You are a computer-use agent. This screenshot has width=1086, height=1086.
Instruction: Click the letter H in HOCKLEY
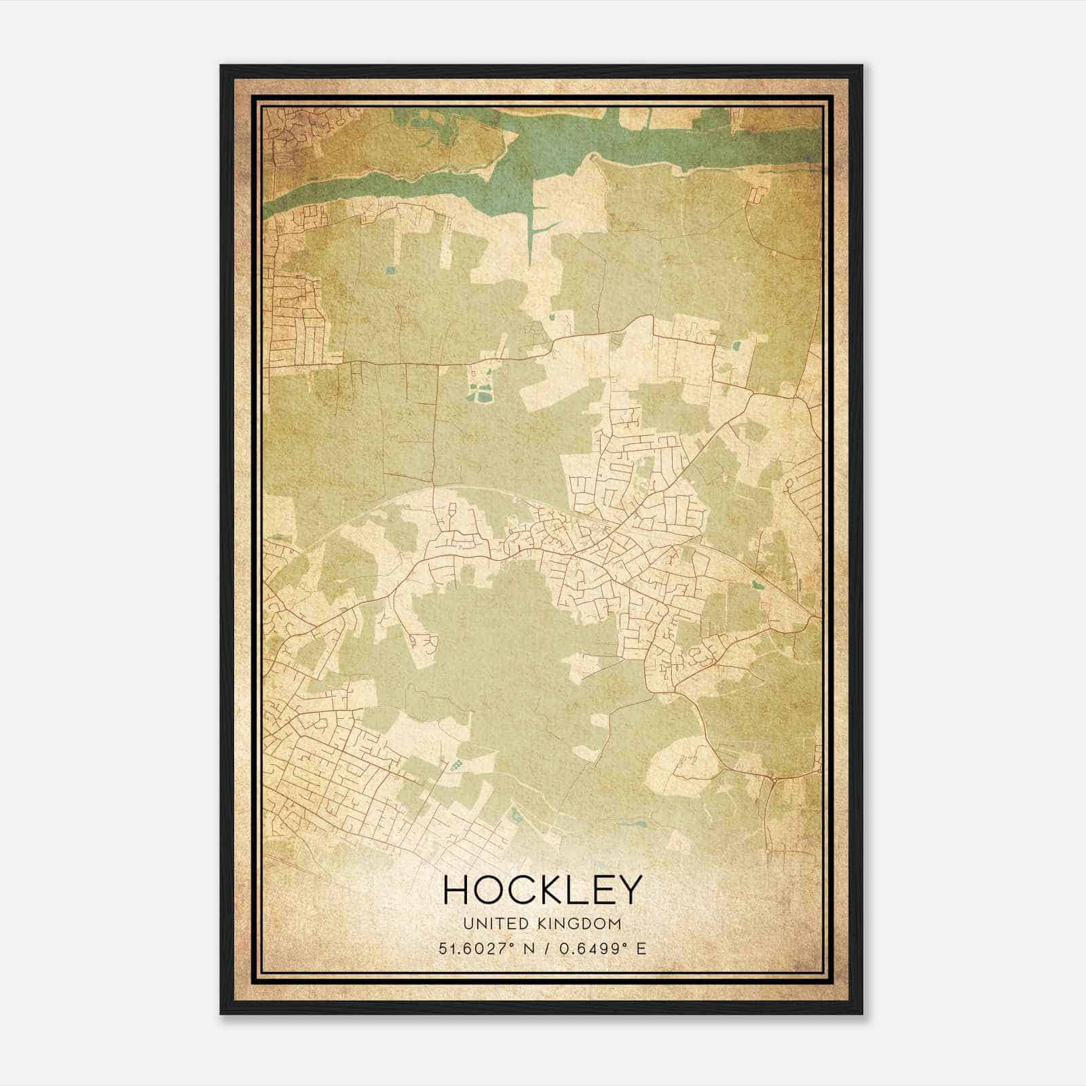(x=456, y=890)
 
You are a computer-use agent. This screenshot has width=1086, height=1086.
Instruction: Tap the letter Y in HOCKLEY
(x=627, y=890)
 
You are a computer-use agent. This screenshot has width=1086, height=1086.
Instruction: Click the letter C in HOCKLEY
(x=515, y=890)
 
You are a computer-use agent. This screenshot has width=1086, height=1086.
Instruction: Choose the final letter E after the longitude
(x=641, y=948)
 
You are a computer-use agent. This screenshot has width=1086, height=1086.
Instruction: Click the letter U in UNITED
(x=468, y=924)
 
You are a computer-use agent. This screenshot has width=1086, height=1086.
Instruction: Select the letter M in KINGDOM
(x=616, y=924)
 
